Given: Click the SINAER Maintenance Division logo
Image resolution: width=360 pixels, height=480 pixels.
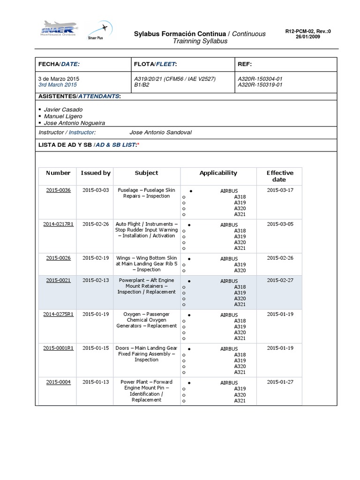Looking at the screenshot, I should tap(58, 30).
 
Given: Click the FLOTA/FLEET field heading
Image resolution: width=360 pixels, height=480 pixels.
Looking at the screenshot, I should tap(156, 64).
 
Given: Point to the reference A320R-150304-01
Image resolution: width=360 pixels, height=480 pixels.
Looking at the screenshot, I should tap(260, 78).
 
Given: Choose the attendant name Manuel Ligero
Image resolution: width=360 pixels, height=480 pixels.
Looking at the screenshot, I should tap(63, 116).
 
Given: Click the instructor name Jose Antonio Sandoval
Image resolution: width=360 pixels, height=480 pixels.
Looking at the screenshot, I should tap(160, 132).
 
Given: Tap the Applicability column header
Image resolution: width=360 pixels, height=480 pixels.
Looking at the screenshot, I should tap(218, 173).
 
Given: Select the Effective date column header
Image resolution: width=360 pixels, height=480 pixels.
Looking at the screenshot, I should tap(280, 176).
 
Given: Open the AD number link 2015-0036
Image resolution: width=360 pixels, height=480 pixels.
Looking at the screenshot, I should tap(58, 190).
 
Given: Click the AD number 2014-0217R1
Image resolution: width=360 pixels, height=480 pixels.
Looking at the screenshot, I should tap(58, 224).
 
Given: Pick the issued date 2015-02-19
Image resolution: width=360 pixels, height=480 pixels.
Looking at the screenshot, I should tap(96, 258).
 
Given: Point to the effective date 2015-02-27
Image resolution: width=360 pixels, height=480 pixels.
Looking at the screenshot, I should tap(280, 280).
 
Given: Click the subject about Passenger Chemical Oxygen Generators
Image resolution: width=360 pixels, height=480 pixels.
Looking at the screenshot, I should tap(147, 320).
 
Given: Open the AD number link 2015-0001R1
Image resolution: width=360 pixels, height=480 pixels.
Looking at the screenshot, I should tap(58, 348).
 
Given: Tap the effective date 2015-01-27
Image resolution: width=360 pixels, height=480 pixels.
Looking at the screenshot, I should tap(280, 382).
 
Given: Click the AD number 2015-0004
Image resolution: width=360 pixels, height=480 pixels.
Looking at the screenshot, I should tap(58, 382).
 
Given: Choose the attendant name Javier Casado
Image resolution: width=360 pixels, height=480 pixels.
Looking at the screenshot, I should tap(63, 109).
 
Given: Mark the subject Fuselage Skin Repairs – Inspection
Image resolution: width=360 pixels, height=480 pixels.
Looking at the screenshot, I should tap(147, 193).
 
